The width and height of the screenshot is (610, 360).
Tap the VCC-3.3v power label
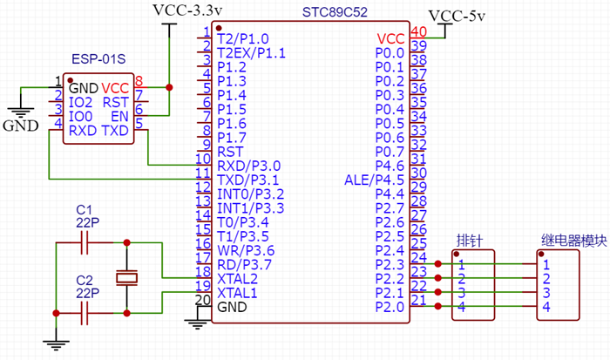coord(187,10)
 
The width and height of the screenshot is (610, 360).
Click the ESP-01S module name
coord(98,59)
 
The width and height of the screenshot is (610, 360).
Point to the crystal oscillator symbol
coord(128,278)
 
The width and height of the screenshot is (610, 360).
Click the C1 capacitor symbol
coord(85,244)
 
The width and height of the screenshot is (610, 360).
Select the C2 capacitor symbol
coord(85,313)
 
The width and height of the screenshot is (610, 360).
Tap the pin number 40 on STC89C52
coord(418,32)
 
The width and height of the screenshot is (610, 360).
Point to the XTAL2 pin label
coord(237,279)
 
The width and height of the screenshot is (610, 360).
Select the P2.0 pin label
coord(389,307)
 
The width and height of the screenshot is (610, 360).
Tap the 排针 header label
coord(470,240)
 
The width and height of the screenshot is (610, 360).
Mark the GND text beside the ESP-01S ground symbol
coord(20,126)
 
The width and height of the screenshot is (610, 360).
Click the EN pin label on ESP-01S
coord(120,116)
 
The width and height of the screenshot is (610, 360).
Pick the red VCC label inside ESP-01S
coord(115,88)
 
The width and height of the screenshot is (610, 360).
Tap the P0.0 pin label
coord(389,53)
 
